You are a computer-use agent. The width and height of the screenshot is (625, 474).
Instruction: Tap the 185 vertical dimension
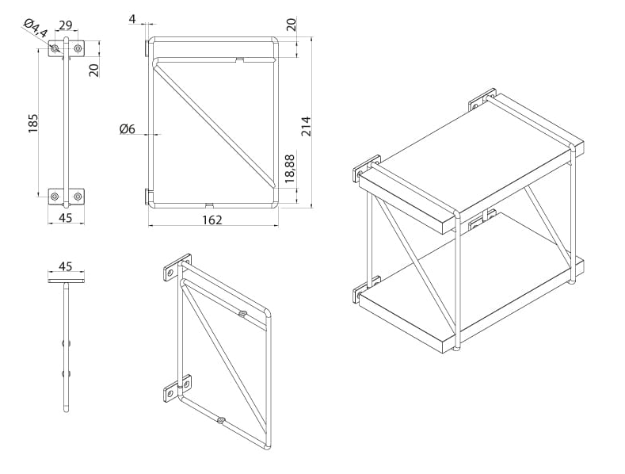(x=32, y=123)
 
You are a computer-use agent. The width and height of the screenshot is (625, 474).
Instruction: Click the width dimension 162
(x=212, y=219)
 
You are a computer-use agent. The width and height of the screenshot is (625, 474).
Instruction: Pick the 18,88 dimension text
(x=290, y=169)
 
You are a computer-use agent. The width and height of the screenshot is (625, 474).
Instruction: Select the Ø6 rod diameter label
(x=128, y=129)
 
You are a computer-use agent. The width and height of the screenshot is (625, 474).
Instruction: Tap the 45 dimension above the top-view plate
(x=66, y=266)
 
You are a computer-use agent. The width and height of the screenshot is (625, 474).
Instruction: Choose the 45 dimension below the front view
(x=66, y=218)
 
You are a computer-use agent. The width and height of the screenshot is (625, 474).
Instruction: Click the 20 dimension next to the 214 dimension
(x=292, y=23)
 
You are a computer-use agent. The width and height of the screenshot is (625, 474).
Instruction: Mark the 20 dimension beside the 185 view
(x=93, y=69)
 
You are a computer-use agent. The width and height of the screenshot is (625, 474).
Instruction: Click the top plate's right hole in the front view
(x=78, y=49)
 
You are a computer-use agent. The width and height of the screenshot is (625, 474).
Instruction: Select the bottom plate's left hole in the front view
(x=54, y=196)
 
